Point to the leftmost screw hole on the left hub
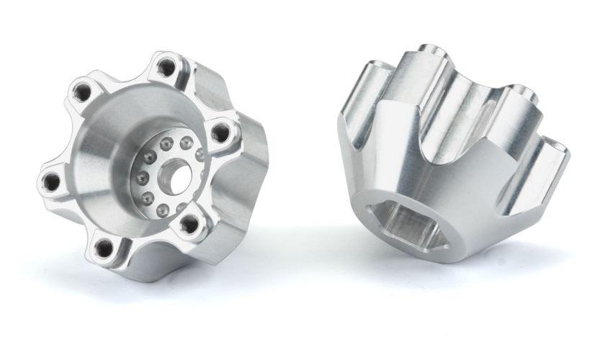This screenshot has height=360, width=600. (51, 181)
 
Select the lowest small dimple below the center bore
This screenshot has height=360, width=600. (164, 211)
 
